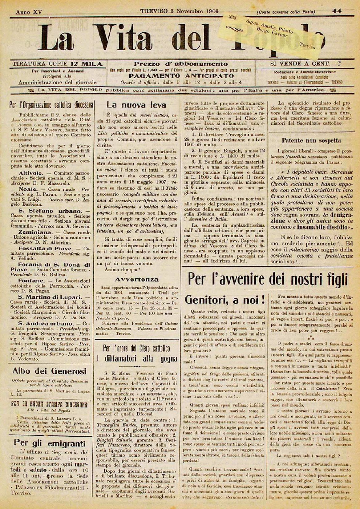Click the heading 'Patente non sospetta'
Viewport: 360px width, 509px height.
click(311, 140)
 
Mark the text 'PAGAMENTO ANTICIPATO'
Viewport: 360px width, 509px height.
click(181, 75)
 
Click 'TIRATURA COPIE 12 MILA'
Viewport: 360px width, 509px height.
click(57, 64)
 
